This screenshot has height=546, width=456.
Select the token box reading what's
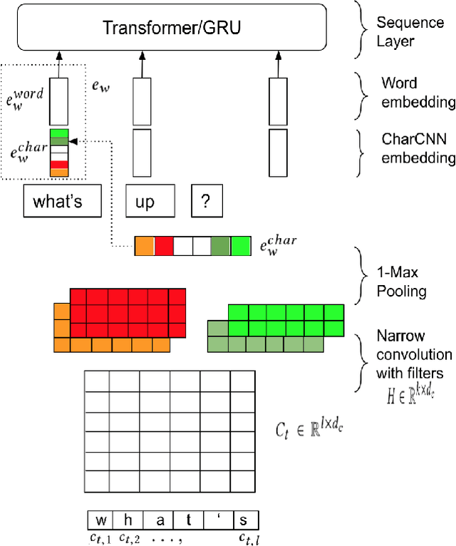[x=58, y=201]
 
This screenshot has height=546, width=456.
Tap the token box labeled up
[x=145, y=202]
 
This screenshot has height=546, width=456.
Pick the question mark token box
[x=206, y=202]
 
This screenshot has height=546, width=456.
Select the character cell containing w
[x=100, y=520]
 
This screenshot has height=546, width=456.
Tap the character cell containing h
[x=129, y=520]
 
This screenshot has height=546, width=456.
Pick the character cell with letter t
[x=188, y=520]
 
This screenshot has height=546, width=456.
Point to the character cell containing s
[x=244, y=520]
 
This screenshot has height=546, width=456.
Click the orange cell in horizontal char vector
[x=145, y=246]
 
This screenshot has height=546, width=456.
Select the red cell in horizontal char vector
[x=165, y=246]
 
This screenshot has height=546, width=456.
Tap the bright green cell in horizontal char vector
[x=241, y=246]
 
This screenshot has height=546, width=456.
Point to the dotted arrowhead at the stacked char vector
[x=73, y=141]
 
